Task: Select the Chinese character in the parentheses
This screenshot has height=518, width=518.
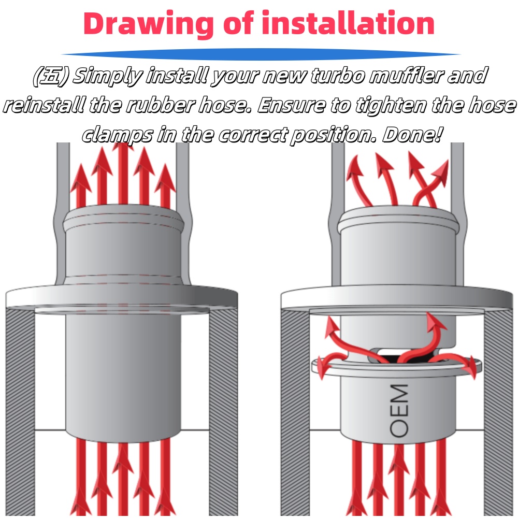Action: pyautogui.click(x=51, y=76)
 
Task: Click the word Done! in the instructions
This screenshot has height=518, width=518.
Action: pyautogui.click(x=412, y=134)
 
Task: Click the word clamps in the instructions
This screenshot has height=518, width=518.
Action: pyautogui.click(x=118, y=135)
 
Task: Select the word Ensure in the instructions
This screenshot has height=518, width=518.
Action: pyautogui.click(x=291, y=105)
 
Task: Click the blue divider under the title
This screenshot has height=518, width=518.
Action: pyautogui.click(x=261, y=54)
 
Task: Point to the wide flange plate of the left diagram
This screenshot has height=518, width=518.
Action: pyautogui.click(x=122, y=296)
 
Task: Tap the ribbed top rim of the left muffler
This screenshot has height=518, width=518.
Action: pyautogui.click(x=123, y=219)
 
